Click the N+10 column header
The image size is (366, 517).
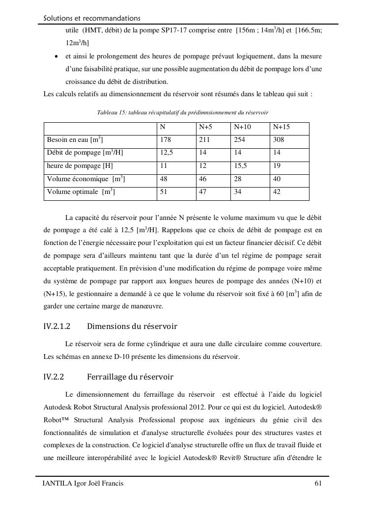coord(242,127)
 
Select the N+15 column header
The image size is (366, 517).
coord(281,127)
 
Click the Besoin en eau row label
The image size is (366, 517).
coord(75,140)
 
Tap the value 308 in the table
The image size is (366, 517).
coord(279,140)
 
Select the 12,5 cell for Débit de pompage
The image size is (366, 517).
coord(167,153)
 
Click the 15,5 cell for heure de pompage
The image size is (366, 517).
coord(240,166)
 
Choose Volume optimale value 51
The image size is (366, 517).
coord(164,192)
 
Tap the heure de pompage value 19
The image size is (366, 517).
coord(277,166)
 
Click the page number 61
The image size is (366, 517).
coord(318,484)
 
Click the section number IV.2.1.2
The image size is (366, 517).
coord(57,327)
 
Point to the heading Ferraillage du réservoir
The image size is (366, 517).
coord(130,378)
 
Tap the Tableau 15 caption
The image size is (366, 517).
coord(182,113)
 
